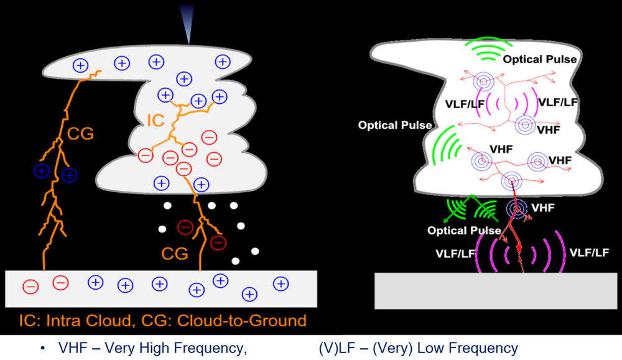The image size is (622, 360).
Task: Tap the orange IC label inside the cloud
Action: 156,119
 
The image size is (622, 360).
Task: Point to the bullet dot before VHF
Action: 43,349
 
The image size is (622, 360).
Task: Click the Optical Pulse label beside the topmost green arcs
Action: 540,60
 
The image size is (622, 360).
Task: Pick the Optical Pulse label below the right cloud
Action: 464,231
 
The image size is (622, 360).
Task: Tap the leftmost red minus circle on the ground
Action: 30,287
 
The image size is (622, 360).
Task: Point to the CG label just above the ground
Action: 175,253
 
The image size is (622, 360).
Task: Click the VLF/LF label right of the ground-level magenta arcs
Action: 588,253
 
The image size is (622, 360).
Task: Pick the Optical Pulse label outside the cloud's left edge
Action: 394,125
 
